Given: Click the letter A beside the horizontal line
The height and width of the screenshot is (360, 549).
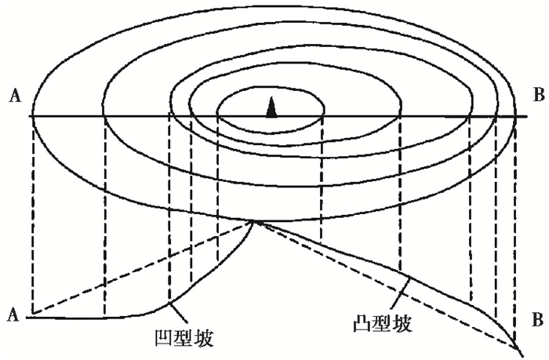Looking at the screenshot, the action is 14,96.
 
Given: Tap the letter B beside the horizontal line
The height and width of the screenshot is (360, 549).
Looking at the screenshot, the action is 537,96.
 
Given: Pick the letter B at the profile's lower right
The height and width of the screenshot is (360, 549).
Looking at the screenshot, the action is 537,320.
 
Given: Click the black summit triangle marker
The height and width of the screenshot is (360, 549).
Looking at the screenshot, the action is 271,107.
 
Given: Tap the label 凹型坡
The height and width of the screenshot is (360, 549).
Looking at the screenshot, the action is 187,338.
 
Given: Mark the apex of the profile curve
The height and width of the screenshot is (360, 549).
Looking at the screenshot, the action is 253,221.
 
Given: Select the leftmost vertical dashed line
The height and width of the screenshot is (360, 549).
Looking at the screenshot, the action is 32,212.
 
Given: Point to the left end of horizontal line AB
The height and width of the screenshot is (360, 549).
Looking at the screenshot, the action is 31,117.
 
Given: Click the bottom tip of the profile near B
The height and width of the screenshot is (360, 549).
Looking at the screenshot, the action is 515,347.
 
